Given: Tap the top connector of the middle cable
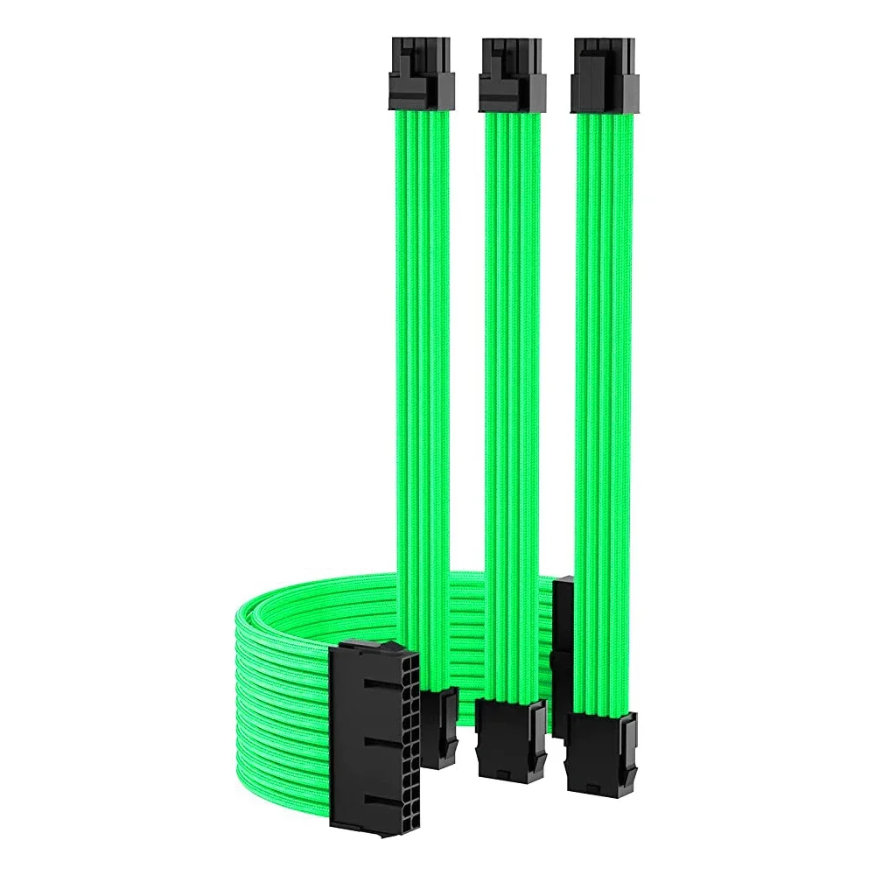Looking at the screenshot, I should tap(512, 75).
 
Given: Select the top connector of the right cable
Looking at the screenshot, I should tap(602, 75).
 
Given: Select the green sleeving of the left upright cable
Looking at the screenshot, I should tap(421, 350).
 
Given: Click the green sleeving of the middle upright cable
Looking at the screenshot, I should tap(512, 350).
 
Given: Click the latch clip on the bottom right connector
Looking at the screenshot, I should tap(628, 744).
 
